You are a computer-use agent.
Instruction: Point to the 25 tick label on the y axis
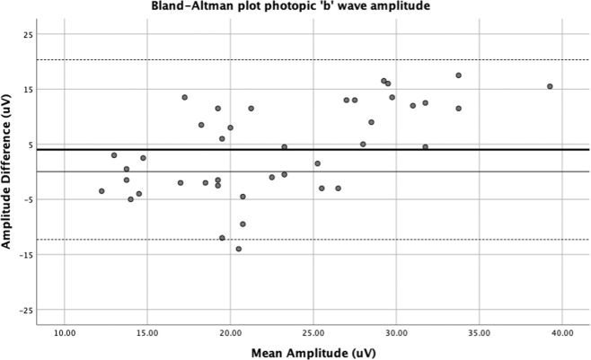click(30, 34)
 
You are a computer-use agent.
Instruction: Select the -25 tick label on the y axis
click(28, 310)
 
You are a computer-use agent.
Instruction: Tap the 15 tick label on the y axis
click(30, 89)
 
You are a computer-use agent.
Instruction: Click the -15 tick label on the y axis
click(28, 255)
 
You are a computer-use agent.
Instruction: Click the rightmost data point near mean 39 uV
click(550, 86)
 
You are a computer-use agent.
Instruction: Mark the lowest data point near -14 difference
click(238, 249)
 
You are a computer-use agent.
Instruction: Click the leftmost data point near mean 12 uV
click(101, 191)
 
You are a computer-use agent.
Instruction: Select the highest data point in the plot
click(458, 75)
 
